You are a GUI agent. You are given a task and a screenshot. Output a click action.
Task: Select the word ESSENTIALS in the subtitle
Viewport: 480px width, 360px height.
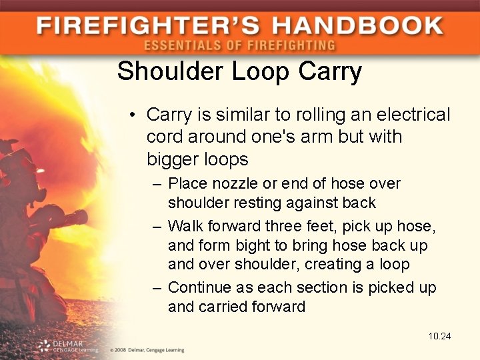pyautogui.click(x=177, y=45)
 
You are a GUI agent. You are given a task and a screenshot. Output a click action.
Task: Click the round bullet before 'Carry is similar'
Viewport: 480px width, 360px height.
pyautogui.click(x=134, y=115)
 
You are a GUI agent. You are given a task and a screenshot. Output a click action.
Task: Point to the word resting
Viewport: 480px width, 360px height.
pyautogui.click(x=257, y=202)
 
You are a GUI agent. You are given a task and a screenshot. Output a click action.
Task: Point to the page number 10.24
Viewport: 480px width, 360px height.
pyautogui.click(x=440, y=336)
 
